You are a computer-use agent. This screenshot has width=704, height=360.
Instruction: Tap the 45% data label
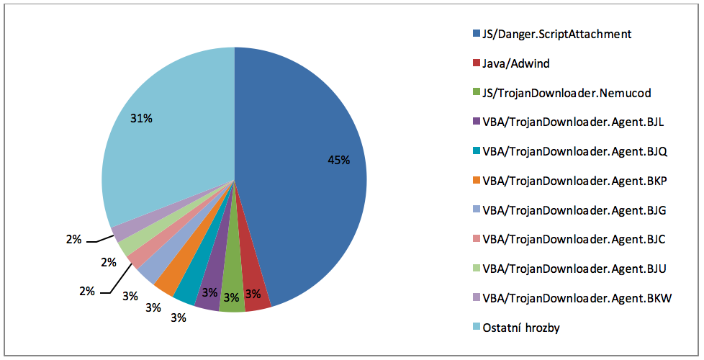point(338,161)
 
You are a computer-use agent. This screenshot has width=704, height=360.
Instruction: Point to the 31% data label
point(141,117)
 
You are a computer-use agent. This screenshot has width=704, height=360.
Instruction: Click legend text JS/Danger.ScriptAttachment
point(556,34)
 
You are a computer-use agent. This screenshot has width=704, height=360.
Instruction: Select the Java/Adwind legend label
point(516,63)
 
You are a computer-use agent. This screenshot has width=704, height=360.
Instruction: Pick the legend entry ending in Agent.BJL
point(573,122)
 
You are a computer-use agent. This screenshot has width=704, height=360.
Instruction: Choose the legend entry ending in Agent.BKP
point(574,181)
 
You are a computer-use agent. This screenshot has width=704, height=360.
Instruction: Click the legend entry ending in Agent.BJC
point(574,240)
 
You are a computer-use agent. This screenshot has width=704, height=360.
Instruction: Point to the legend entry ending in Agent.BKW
point(577,298)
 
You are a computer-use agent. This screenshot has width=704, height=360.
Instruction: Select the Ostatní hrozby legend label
point(521,328)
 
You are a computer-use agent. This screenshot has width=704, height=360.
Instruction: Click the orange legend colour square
point(476,181)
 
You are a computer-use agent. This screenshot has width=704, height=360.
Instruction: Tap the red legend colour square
point(476,63)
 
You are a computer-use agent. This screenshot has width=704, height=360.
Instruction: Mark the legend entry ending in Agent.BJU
point(574,269)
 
